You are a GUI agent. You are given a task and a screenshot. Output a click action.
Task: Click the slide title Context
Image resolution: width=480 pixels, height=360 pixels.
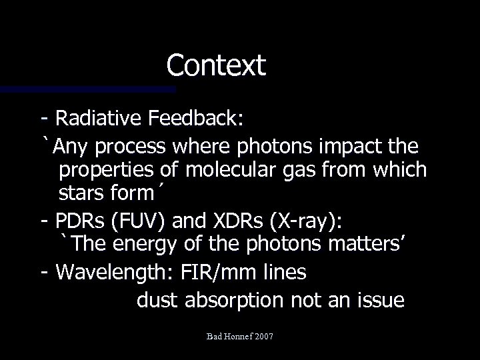[x=216, y=65]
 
